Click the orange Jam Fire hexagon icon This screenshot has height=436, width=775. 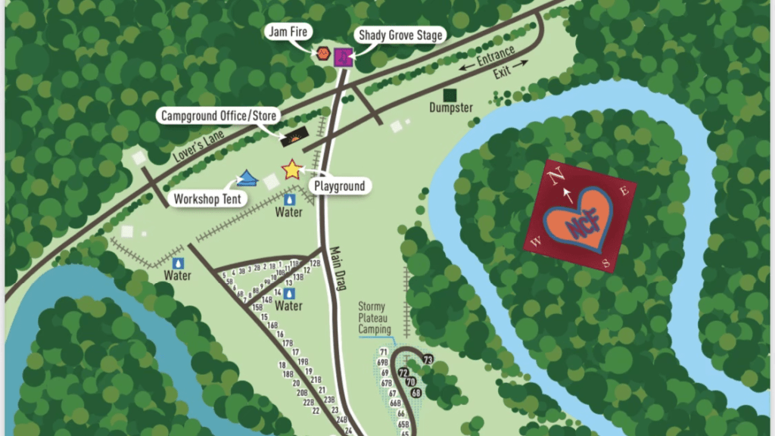click(323, 54)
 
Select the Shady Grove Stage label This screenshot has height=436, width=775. click(399, 35)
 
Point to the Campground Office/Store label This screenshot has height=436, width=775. click(219, 116)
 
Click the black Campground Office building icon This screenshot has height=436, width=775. click(294, 138)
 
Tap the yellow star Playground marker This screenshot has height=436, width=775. click(291, 170)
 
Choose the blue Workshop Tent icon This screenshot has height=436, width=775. click(247, 179)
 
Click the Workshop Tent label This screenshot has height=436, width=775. click(207, 199)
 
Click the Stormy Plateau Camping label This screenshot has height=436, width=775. click(375, 318)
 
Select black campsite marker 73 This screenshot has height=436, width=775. click(428, 359)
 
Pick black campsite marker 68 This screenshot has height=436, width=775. click(416, 392)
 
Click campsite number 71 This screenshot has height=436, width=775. click(384, 353)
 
